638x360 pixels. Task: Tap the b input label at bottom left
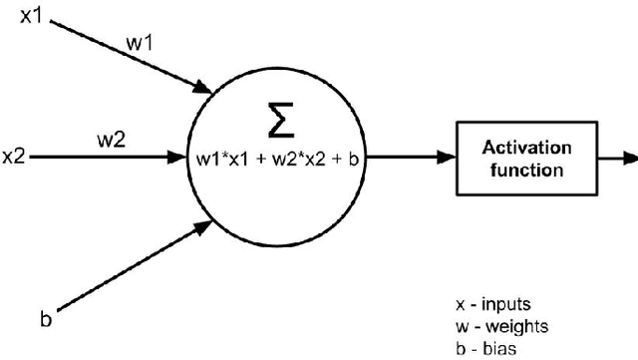click(x=45, y=319)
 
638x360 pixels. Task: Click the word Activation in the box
click(x=527, y=148)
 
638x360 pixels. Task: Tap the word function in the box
click(x=527, y=169)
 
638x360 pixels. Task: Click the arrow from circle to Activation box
click(x=420, y=158)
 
